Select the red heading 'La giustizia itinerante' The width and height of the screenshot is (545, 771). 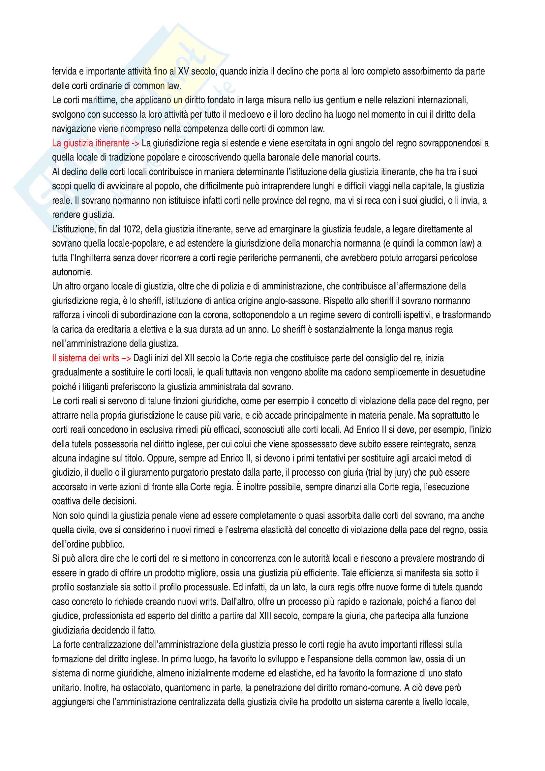pyautogui.click(x=91, y=143)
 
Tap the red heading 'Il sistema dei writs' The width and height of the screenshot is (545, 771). pyautogui.click(x=86, y=358)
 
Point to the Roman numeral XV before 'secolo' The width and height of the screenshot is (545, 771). pyautogui.click(x=183, y=72)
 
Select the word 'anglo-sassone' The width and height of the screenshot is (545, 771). pyautogui.click(x=294, y=301)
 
